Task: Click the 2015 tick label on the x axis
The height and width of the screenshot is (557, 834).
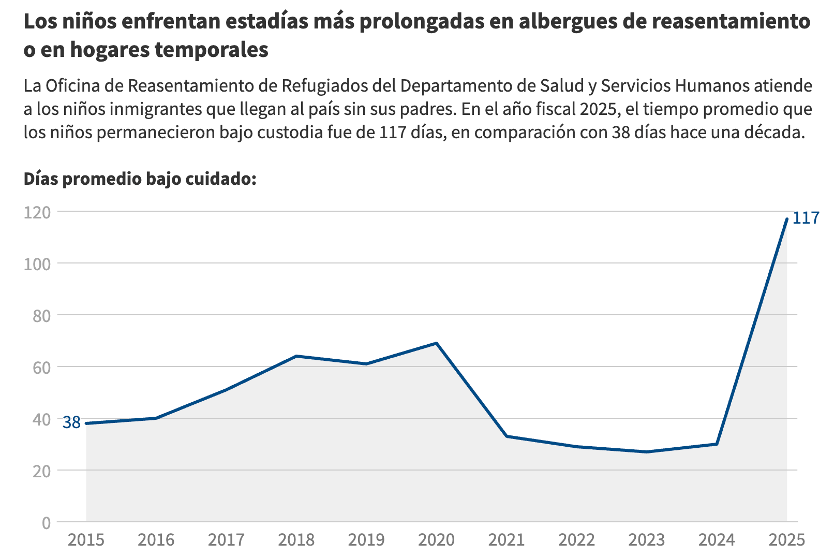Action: (86, 540)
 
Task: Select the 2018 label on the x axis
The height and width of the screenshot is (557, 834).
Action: (296, 540)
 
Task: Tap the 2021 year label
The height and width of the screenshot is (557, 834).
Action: (507, 540)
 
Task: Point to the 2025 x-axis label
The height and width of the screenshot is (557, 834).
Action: (787, 540)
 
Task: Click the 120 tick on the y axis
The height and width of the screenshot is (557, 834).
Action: (37, 212)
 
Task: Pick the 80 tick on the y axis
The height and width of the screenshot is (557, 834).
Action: (41, 316)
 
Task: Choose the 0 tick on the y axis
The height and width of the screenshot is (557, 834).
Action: (46, 523)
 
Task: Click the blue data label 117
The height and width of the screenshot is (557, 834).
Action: (806, 218)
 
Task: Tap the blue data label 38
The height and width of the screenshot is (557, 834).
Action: (71, 423)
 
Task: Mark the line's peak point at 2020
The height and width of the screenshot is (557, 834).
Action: (436, 343)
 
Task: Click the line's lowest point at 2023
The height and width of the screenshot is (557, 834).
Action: (647, 452)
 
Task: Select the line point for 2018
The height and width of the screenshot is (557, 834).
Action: (296, 356)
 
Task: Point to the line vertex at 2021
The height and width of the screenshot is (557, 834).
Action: (507, 436)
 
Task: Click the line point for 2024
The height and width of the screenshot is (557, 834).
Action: (717, 444)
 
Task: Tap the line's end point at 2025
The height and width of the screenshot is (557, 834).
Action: (786, 219)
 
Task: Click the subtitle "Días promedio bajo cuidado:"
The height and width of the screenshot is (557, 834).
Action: (140, 179)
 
